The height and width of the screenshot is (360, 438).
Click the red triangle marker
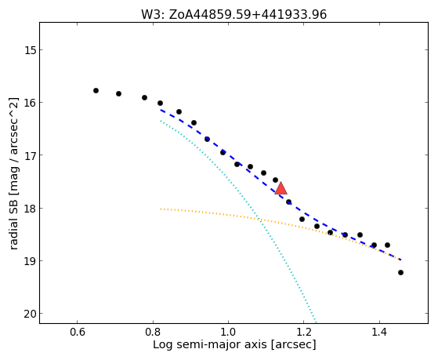tap(281, 188)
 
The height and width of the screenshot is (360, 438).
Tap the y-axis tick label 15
tap(30, 50)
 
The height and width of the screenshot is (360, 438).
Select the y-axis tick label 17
tap(30, 155)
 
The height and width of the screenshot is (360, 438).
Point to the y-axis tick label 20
tap(30, 314)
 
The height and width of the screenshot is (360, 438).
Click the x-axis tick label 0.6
tap(77, 333)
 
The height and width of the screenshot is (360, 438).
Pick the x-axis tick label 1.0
tap(229, 333)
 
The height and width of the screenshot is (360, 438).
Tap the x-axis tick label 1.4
tap(379, 333)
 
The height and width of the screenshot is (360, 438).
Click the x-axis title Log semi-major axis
tap(209, 344)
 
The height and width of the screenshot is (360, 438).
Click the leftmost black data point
tap(96, 91)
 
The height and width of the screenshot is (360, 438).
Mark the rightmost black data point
tap(400, 272)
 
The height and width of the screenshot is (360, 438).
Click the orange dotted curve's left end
tap(161, 209)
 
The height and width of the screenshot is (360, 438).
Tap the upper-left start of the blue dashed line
tap(161, 110)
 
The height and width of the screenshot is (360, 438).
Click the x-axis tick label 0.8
tap(153, 333)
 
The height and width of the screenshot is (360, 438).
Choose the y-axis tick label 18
tap(30, 209)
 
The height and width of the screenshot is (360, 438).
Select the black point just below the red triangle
tap(288, 202)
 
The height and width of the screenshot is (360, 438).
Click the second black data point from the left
tap(119, 93)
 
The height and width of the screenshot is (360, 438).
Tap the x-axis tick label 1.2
tap(304, 333)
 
